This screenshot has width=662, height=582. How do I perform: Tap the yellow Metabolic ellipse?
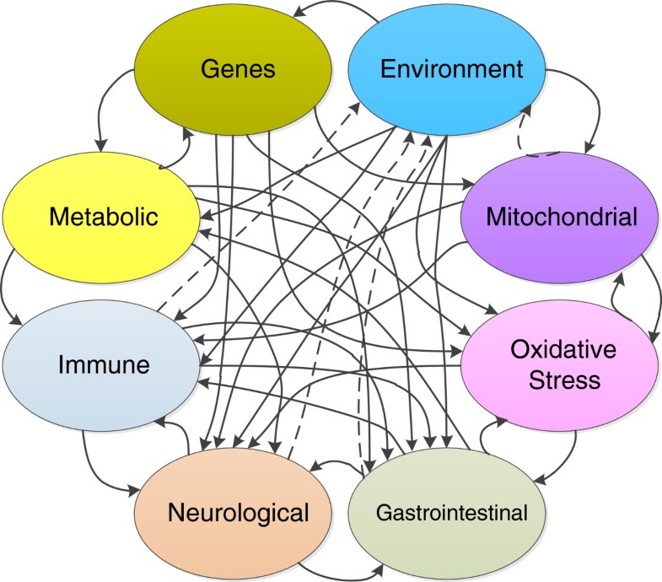pos(103,217)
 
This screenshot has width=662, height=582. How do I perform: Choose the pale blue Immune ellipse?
pos(103,366)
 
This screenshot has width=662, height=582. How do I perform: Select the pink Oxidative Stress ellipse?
pos(559,366)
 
